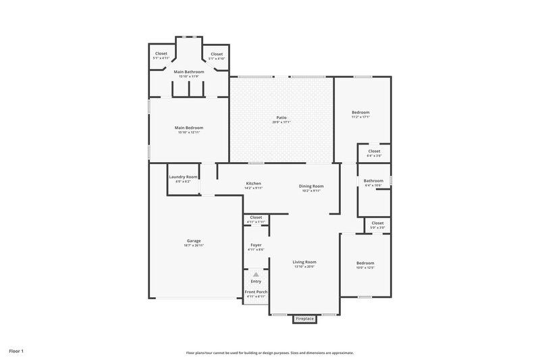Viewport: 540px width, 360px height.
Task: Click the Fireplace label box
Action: [304, 319]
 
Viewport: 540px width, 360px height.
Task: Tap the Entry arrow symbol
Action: [256, 275]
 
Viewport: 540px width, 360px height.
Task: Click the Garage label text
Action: [194, 240]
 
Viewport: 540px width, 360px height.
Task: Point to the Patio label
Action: [281, 118]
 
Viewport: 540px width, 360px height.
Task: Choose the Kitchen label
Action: [253, 184]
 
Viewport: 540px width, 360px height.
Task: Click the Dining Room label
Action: [311, 186]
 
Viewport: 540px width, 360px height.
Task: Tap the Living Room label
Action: [304, 261]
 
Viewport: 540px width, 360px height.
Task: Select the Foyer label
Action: [256, 245]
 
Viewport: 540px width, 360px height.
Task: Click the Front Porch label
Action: [256, 291]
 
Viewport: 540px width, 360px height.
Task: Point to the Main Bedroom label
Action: [189, 128]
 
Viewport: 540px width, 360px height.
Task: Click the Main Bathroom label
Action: [188, 72]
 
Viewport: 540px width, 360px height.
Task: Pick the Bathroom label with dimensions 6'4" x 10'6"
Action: [373, 180]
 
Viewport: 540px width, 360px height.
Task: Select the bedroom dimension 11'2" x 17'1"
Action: [360, 117]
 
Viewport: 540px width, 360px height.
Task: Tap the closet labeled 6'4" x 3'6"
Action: [374, 153]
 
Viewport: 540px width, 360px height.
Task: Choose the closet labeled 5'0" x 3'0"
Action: [377, 225]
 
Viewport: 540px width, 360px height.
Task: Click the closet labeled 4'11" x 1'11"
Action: [256, 220]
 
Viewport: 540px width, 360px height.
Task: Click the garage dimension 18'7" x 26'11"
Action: [194, 246]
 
